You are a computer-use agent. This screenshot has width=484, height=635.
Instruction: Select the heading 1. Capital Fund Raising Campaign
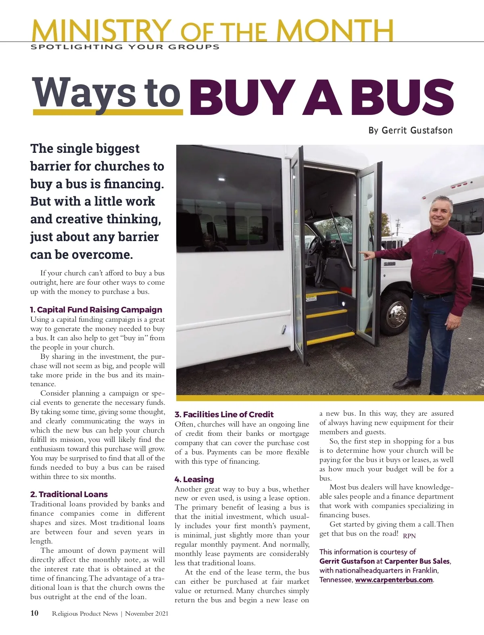pyautogui.click(x=96, y=310)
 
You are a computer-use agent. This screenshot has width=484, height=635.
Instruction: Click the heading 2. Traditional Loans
pyautogui.click(x=69, y=494)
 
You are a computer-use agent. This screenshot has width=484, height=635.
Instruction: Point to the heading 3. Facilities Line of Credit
pyautogui.click(x=224, y=414)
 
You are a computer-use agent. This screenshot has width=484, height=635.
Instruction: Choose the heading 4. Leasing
pyautogui.click(x=194, y=479)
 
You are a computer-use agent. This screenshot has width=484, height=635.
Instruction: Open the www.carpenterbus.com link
pyautogui.click(x=394, y=580)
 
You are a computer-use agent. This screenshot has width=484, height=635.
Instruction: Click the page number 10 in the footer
pyautogui.click(x=35, y=613)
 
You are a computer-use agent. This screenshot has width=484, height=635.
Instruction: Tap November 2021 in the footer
pyautogui.click(x=146, y=614)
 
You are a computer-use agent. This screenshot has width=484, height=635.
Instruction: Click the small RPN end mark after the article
pyautogui.click(x=409, y=536)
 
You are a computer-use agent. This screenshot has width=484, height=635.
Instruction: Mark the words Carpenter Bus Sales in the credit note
pyautogui.click(x=417, y=561)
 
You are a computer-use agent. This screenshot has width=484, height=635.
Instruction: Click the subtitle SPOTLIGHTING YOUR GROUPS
pyautogui.click(x=125, y=47)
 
